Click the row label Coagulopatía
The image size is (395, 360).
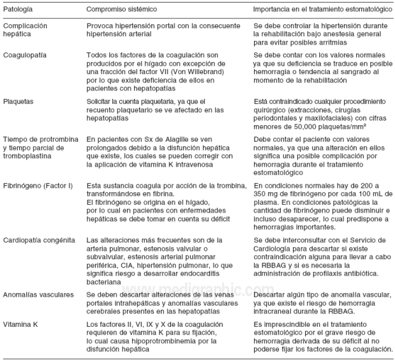[x=25, y=56]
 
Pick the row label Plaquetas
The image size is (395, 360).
[x=19, y=101]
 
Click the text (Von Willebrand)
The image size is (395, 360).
[x=181, y=72]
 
